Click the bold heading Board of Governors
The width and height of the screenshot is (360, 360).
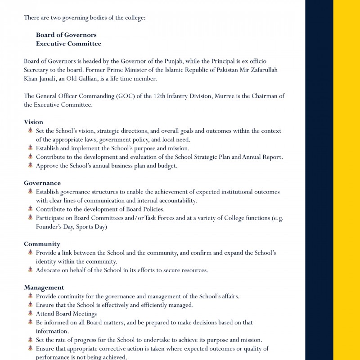[66, 35]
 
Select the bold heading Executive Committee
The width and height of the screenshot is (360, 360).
[68, 44]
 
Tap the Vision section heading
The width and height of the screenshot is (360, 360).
[33, 122]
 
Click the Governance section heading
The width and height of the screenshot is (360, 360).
[42, 183]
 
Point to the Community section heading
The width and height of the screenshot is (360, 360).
[42, 244]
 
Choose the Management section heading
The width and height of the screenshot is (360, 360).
[44, 288]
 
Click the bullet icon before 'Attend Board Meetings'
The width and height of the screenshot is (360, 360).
[30, 313]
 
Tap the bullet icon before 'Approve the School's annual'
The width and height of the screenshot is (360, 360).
[30, 165]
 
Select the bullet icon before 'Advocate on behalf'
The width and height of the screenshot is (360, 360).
[30, 270]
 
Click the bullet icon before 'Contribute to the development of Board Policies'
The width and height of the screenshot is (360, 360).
[30, 209]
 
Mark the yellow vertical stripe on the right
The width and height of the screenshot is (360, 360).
[346, 180]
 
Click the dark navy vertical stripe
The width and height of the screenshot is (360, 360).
[319, 180]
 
